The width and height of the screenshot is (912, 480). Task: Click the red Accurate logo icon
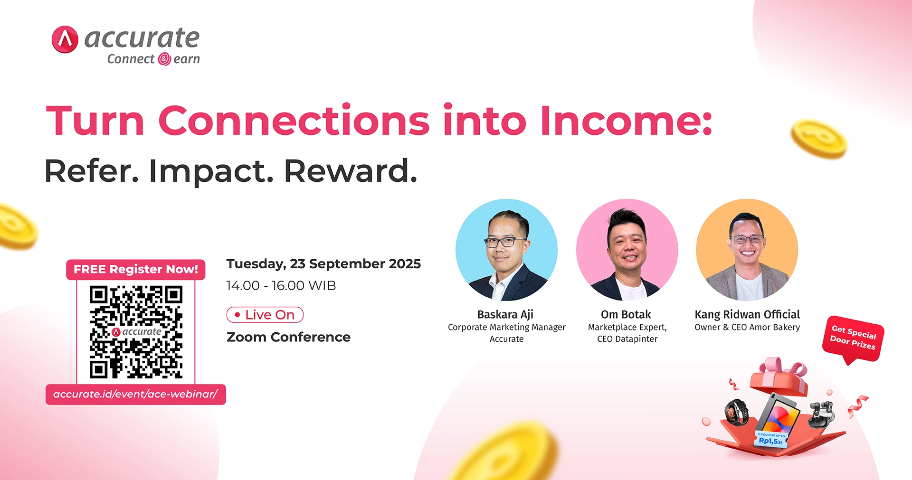(x=65, y=39)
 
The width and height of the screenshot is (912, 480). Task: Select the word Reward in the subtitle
(x=351, y=171)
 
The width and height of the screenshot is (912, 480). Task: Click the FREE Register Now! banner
(x=136, y=269)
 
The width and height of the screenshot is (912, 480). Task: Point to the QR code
(x=136, y=332)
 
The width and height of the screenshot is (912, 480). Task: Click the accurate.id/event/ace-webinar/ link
(x=136, y=395)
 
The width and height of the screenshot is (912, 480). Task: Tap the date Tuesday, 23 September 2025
(x=323, y=264)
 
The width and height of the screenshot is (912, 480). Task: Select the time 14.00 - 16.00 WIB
(x=281, y=286)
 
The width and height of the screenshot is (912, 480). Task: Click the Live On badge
(x=265, y=315)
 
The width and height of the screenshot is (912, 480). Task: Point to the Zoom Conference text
(x=288, y=337)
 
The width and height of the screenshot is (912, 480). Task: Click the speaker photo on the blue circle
(x=506, y=250)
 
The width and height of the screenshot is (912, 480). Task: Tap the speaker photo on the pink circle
(x=627, y=250)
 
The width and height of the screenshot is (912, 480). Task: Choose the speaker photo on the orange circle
(x=747, y=250)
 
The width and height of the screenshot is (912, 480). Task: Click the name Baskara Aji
(x=505, y=315)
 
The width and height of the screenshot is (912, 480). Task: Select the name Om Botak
(x=626, y=315)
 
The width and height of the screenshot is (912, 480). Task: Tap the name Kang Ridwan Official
(x=747, y=315)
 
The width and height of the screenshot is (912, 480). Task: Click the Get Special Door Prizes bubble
(x=853, y=338)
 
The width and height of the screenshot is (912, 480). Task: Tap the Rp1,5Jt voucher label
(x=770, y=440)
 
